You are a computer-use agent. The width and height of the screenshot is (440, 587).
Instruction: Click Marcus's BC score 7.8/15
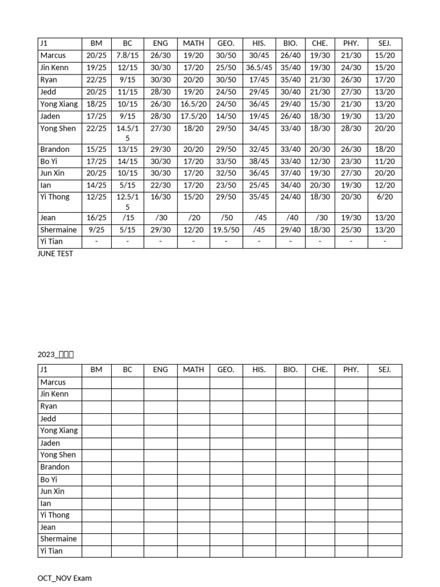127,56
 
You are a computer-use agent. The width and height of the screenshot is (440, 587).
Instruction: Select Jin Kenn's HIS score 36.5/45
259,68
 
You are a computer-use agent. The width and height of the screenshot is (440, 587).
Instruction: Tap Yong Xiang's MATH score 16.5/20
193,104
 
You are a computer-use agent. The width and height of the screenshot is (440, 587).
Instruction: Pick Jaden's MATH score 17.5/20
193,116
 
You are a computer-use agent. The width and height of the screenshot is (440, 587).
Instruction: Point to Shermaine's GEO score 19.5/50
226,230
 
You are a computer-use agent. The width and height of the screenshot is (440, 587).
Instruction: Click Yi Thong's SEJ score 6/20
384,197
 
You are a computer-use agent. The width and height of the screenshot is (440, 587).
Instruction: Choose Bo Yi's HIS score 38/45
259,162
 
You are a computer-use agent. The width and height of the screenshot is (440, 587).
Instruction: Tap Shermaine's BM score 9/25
96,230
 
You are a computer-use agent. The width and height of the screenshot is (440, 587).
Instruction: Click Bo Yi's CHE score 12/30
320,162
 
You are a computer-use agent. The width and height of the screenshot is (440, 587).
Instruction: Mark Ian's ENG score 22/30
160,185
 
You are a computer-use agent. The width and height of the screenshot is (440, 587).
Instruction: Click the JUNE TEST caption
56,253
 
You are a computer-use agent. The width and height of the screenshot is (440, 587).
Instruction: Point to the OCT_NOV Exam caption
64,578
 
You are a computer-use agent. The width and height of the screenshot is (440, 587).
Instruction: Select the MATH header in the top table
193,43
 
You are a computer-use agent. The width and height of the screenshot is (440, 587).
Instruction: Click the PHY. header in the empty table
351,370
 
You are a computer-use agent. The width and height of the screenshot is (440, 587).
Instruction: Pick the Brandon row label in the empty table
55,467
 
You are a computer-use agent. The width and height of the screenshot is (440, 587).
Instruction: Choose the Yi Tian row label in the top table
52,241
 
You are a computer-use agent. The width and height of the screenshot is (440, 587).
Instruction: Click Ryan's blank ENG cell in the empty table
160,406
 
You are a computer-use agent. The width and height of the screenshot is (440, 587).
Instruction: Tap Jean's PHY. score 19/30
351,217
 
